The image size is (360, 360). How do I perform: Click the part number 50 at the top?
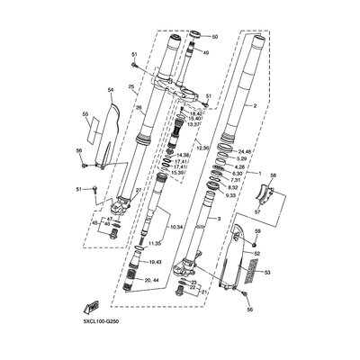click(214, 36)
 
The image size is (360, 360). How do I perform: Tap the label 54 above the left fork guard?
click(111, 90)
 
